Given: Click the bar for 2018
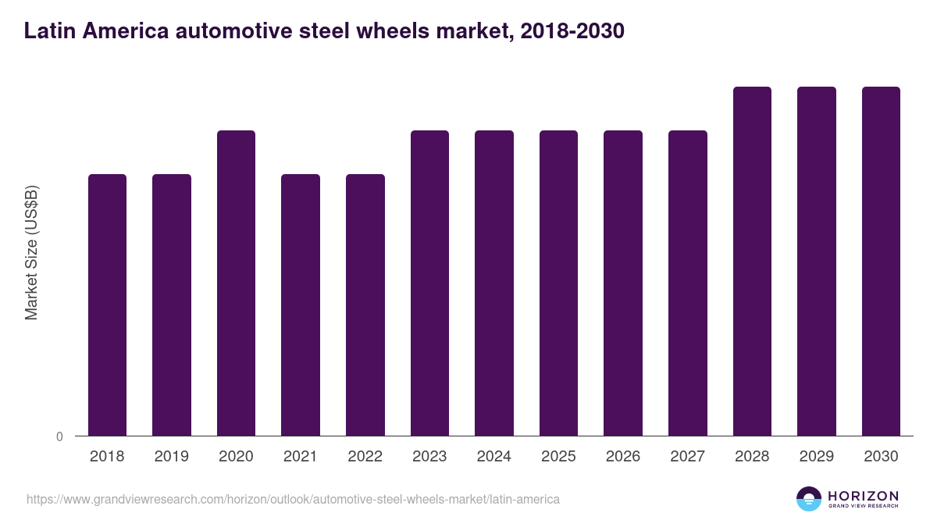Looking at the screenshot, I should (107, 304).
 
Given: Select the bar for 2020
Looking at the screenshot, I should (236, 283).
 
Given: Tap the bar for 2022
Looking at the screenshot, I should (365, 304).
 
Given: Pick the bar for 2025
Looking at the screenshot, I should (558, 283).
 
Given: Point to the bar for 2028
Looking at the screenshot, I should (752, 261).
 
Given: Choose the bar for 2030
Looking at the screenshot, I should (881, 261).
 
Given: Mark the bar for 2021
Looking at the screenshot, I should (301, 304).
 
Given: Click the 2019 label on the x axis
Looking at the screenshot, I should (171, 457).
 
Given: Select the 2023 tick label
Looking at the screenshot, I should (429, 457).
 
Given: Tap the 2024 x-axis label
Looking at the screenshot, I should (494, 457).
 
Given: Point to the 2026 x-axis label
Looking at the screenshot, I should (623, 457).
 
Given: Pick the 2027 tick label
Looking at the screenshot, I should (688, 457).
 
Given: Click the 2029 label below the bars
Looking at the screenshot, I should (817, 457).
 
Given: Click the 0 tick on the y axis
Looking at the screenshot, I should (59, 437).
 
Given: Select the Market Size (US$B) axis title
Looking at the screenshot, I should (31, 251).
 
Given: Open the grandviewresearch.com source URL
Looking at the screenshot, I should (293, 499).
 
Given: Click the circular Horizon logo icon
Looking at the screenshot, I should (809, 499).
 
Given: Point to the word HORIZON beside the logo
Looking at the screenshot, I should (863, 496).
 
